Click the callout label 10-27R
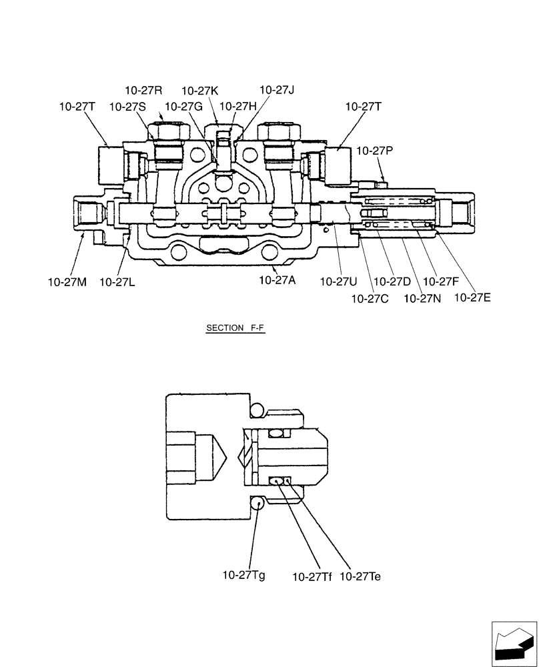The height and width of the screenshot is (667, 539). (144, 90)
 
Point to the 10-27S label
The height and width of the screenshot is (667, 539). (127, 106)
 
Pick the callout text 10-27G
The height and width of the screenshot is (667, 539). (183, 106)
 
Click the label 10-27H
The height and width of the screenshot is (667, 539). (237, 106)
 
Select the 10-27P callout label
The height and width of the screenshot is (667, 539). (375, 151)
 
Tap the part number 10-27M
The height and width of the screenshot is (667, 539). (67, 282)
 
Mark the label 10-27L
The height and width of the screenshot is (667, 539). (118, 282)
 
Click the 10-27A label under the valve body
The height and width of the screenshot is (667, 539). (278, 281)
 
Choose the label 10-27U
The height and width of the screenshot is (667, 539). (338, 282)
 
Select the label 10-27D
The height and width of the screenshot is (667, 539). (392, 282)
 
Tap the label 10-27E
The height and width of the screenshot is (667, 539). (472, 297)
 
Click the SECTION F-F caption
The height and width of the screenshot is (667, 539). (236, 328)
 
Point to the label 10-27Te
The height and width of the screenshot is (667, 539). (360, 575)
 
